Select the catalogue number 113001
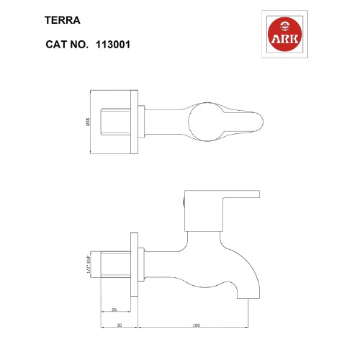point(111,44)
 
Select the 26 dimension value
point(114,310)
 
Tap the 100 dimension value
point(196,325)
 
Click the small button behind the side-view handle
point(185,202)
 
